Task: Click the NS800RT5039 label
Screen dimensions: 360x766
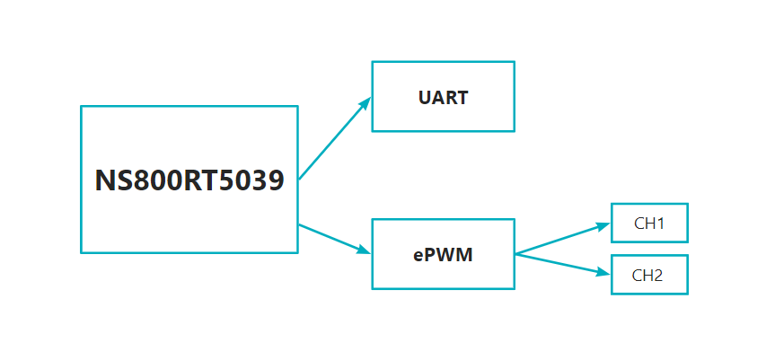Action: coord(189,180)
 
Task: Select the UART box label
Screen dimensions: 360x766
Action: coord(443,97)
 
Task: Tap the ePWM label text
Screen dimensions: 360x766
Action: coord(443,255)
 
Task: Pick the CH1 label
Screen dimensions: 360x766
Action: coord(648,224)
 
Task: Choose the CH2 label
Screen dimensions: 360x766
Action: coord(648,276)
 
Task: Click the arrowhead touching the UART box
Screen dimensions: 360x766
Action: coord(365,103)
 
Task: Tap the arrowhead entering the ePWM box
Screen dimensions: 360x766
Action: coord(365,250)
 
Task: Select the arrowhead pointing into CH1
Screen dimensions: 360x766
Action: coord(604,226)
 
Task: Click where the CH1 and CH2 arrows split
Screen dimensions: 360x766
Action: coord(516,254)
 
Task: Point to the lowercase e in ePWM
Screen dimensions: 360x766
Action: coord(418,256)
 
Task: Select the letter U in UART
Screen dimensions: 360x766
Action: coord(425,97)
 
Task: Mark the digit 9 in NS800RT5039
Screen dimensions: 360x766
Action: coord(276,180)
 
